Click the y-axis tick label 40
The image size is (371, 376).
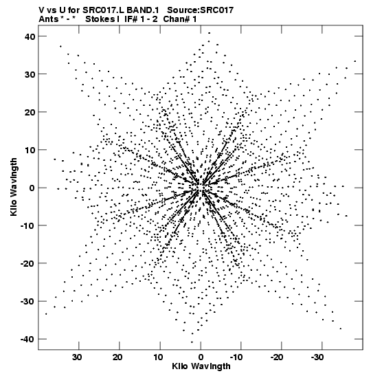(30, 36)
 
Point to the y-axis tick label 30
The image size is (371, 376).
(30, 74)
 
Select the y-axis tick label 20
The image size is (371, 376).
(30, 112)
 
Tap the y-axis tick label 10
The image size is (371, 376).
(30, 150)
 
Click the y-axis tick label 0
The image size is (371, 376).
(32, 188)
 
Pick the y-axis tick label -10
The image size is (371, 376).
(27, 226)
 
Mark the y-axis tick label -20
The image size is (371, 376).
(27, 264)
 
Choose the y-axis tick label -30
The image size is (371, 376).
(27, 302)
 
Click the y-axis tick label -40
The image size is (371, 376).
(27, 340)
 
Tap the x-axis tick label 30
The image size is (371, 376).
(78, 357)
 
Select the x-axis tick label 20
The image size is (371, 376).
(118, 357)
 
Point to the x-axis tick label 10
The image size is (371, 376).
(159, 357)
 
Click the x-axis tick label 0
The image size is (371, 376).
(201, 357)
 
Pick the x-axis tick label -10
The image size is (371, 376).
(236, 357)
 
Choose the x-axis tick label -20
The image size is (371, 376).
(277, 357)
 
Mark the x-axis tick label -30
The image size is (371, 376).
(317, 357)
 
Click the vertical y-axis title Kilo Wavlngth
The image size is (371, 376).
(14, 187)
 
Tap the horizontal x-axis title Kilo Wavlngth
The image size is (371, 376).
(201, 366)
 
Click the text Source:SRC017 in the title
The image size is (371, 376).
(200, 10)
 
